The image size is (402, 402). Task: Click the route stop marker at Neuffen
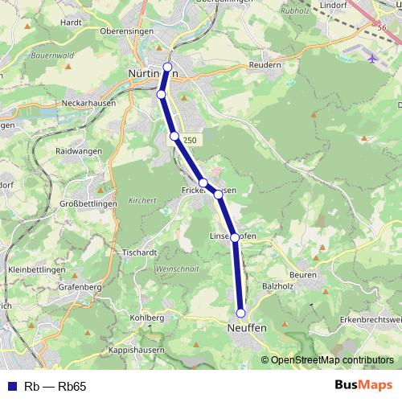[240, 313]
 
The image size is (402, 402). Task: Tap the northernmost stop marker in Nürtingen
[167, 67]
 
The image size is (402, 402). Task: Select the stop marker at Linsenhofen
[235, 237]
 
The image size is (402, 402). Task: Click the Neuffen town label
[245, 329]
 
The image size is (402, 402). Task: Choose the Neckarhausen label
[88, 104]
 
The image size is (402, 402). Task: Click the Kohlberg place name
[148, 318]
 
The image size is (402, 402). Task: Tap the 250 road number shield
[189, 140]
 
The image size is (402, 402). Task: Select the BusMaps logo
[363, 385]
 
